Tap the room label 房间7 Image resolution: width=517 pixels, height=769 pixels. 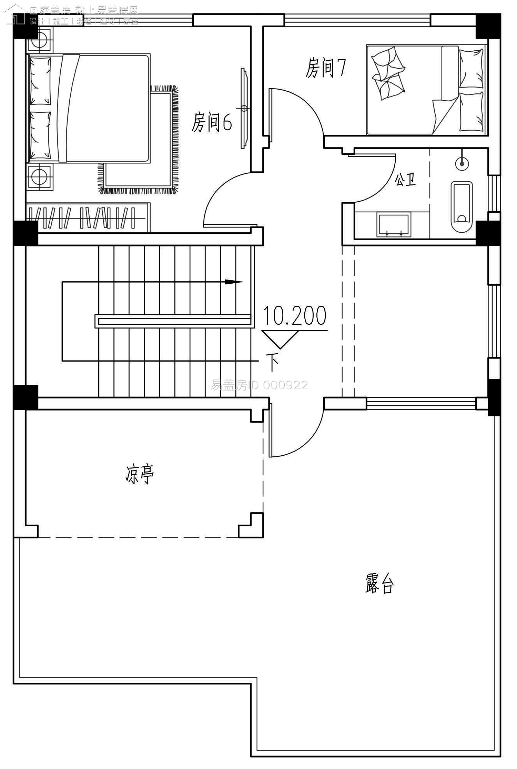pos(325,68)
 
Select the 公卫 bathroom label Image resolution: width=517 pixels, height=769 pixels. pos(405,180)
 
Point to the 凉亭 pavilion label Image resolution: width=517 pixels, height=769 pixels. pos(140,474)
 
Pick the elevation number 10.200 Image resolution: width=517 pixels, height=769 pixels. pos(295,315)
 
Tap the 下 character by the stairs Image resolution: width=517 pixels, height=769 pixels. pos(273,362)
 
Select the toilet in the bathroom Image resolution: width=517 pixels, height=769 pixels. pos(461,207)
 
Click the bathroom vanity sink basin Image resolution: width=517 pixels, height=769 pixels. pos(394,224)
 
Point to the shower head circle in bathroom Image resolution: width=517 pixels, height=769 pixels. pos(462,163)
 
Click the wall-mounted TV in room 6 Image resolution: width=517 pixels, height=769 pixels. pos(244,108)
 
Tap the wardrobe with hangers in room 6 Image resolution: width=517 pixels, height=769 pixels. pos(88,218)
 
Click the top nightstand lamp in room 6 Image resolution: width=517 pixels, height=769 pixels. pos(39,40)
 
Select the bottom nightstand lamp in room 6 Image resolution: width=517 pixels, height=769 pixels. pos(39,177)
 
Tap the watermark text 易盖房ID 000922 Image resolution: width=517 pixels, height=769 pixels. pos(259,385)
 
